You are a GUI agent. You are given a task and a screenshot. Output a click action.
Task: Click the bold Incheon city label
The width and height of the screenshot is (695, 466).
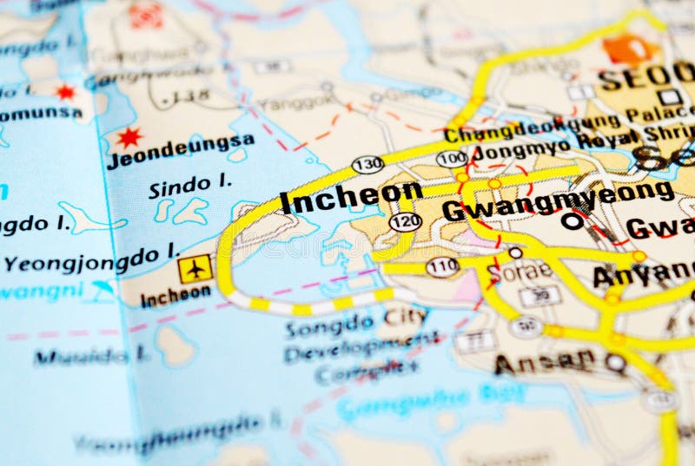351,197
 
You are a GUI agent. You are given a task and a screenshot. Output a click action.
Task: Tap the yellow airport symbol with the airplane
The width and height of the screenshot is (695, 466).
195,268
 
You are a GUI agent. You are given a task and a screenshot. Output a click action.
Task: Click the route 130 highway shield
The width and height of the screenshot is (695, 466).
367,164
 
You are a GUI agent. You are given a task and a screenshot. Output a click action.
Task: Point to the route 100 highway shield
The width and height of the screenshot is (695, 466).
451,159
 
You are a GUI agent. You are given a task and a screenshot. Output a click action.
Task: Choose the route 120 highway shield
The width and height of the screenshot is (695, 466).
405,222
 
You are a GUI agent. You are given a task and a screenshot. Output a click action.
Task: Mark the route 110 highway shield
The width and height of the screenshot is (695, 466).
442,266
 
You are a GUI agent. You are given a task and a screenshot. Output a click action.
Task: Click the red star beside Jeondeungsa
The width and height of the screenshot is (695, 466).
129,137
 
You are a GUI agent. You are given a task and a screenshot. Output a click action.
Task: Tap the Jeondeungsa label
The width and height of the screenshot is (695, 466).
180,150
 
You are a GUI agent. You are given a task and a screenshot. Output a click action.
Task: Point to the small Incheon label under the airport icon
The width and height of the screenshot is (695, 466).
175,296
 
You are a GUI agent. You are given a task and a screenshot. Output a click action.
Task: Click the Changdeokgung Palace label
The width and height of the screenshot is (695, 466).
569,124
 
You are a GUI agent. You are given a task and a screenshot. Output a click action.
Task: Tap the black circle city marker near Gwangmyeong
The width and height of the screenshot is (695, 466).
572,221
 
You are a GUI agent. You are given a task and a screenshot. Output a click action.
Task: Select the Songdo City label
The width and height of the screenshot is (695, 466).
356,323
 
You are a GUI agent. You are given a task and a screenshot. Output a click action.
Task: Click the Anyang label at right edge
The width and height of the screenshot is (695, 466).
643,275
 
